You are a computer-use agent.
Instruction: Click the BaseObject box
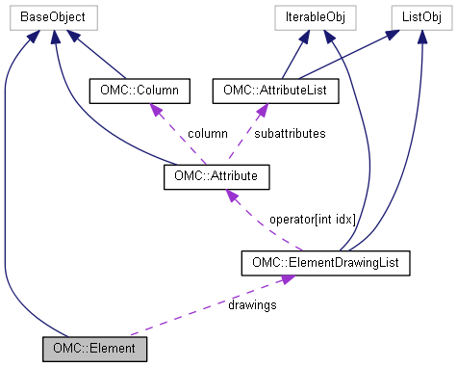tap(53, 17)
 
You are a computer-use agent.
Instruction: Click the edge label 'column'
tap(207, 134)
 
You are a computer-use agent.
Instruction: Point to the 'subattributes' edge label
tap(288, 134)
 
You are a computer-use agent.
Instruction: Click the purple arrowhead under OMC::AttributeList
tap(258, 108)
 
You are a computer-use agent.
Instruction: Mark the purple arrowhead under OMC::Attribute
tap(231, 194)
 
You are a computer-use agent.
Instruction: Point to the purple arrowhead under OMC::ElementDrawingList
tap(286, 277)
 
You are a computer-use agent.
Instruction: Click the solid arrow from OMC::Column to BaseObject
tap(96, 56)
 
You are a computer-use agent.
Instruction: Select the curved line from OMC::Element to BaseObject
tap(10, 193)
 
